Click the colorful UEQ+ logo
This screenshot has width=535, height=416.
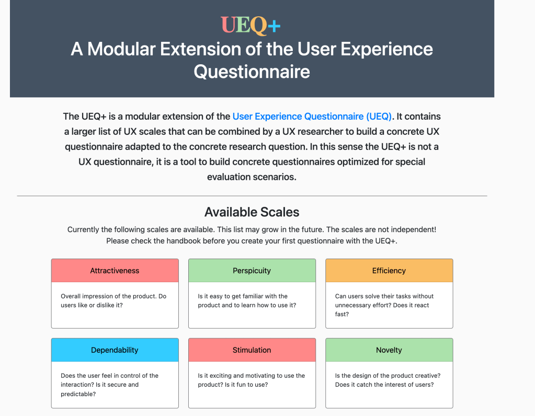click(251, 26)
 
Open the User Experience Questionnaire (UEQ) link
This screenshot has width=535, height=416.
click(312, 117)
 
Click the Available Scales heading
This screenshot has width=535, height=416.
click(252, 212)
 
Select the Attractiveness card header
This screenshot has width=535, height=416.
click(115, 271)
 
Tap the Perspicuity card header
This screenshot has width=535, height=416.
click(252, 271)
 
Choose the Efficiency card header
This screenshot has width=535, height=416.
click(389, 271)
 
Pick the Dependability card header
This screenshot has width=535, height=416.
click(115, 350)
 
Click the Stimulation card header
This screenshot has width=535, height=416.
click(252, 350)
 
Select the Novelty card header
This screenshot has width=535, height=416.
click(389, 350)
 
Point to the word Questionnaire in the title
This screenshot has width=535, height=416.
click(252, 72)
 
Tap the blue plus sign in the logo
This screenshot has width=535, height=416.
click(274, 26)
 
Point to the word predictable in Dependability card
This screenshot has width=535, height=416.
click(78, 394)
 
